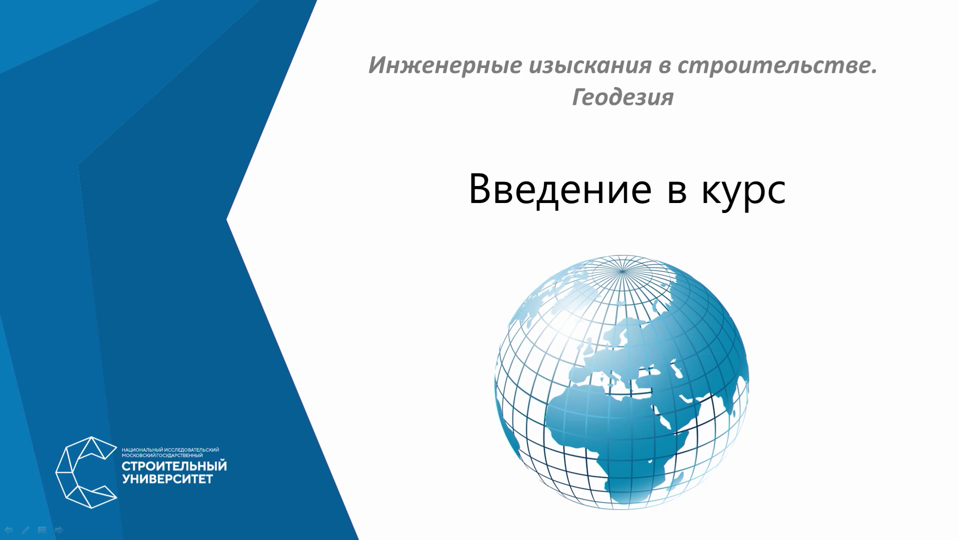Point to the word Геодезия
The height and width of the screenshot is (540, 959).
pos(622,97)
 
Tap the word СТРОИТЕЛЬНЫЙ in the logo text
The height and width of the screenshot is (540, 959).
pos(174,466)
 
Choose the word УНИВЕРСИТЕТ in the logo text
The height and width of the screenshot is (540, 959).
pos(167,479)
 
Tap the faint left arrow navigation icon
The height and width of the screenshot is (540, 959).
pos(8,529)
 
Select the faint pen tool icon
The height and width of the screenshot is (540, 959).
pos(25,529)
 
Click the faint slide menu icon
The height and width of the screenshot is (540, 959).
pos(42,529)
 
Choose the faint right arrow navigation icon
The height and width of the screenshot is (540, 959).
pos(58,529)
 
